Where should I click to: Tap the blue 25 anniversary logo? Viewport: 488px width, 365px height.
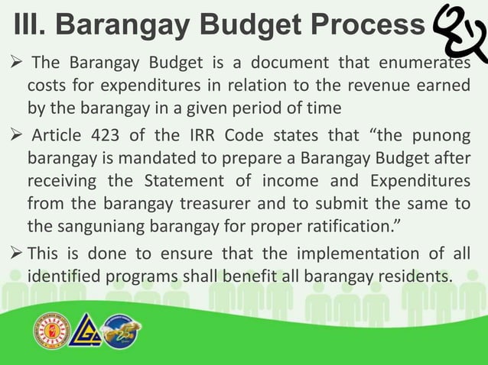pos(122,333)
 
